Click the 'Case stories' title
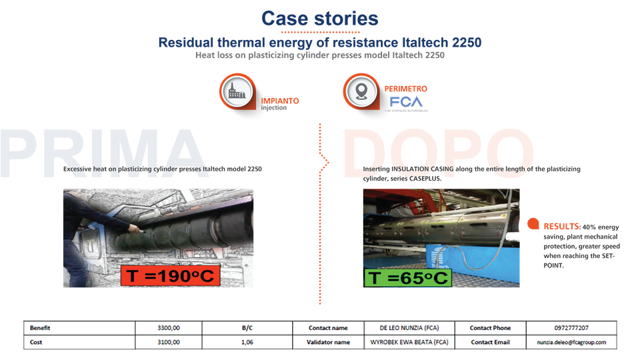tap(320, 18)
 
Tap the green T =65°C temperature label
tap(408, 277)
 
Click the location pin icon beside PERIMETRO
tap(361, 92)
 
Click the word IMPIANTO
tap(280, 101)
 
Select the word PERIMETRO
tap(406, 89)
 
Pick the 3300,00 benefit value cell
tap(169, 328)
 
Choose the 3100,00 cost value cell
tap(169, 342)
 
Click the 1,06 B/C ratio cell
tap(247, 342)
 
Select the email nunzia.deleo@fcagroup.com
tap(571, 342)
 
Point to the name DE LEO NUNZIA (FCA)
tap(408, 328)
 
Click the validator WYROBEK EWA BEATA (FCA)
tap(408, 342)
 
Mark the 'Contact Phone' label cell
tap(490, 328)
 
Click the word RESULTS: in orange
tap(562, 227)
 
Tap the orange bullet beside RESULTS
tap(533, 225)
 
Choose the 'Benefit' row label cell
tap(41, 328)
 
